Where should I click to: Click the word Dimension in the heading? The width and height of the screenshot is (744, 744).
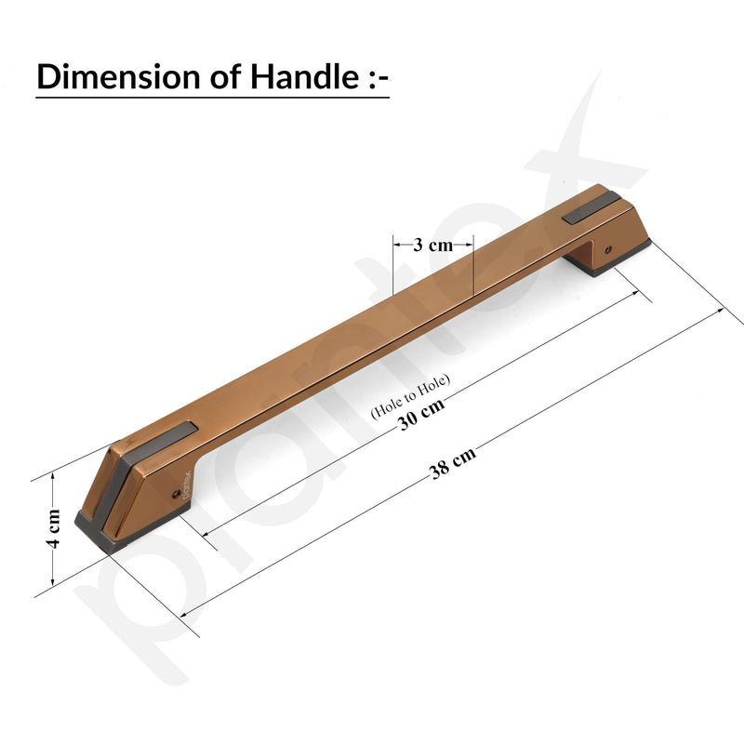tap(118, 76)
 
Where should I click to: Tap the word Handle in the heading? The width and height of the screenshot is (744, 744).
tap(304, 76)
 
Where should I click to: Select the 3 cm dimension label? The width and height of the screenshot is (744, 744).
tap(432, 245)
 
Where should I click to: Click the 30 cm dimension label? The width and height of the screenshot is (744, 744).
tap(421, 414)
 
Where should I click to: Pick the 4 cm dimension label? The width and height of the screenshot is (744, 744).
tap(54, 528)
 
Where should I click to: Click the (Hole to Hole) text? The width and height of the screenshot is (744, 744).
tap(410, 396)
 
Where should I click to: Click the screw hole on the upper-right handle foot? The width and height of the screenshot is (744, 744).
tap(608, 249)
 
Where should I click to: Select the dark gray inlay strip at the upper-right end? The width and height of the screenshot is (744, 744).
tap(591, 207)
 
